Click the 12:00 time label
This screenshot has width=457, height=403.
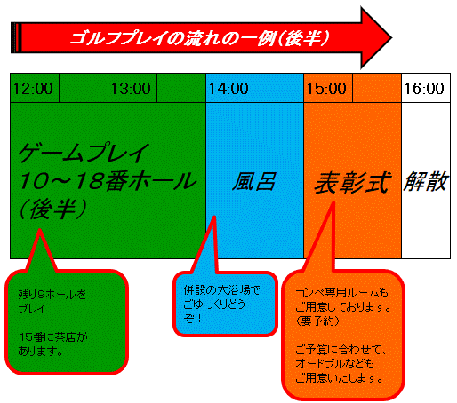[x=33, y=89]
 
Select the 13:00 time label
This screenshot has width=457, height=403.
[x=131, y=89]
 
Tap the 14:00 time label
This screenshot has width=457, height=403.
[x=228, y=89]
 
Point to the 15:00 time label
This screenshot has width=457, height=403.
[x=326, y=89]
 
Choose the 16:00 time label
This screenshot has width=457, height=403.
[x=424, y=89]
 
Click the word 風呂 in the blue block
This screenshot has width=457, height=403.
[x=254, y=181]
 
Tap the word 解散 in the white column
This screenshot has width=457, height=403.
[x=425, y=181]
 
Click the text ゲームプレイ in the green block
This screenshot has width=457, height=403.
[x=84, y=153]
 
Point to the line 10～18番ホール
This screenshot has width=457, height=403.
[x=108, y=181]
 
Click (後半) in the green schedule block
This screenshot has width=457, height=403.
[x=53, y=209]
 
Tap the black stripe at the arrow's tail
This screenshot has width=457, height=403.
[x=15, y=37]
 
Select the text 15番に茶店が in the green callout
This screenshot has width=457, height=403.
[x=53, y=337]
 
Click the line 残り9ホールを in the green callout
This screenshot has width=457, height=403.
[x=52, y=295]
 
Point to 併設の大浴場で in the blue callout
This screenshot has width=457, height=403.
[x=221, y=290]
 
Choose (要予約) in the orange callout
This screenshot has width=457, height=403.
[x=317, y=320]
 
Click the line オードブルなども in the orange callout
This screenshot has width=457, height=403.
[x=335, y=363]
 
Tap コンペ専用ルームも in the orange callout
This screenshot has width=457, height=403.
[x=341, y=293]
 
